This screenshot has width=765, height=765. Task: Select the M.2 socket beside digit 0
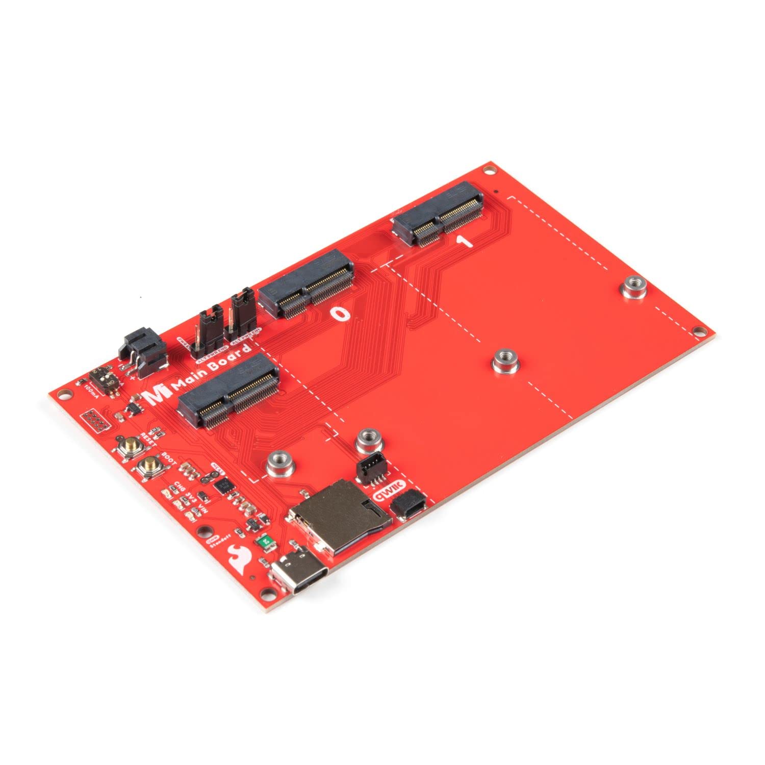click(305, 284)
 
